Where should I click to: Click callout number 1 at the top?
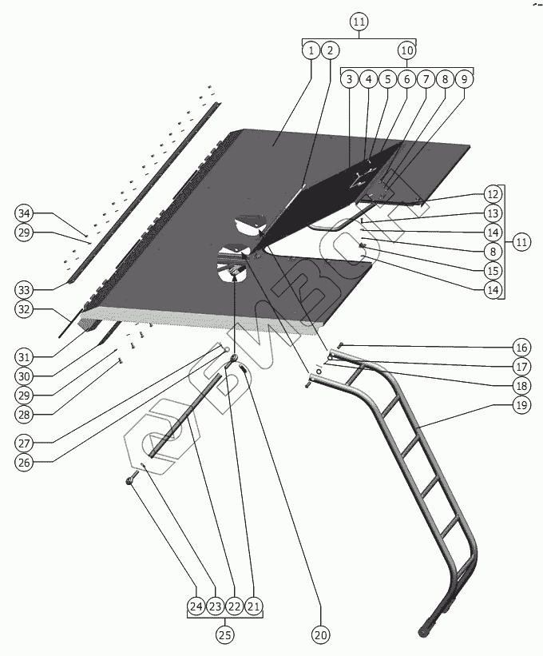coord(310,50)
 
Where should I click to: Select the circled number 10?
coord(406,50)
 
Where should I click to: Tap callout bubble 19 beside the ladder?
coord(521,406)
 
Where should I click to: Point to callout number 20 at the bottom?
coord(320,635)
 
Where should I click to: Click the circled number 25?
coord(224,635)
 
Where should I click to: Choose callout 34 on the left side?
coord(25,213)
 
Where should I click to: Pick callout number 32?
coord(25,308)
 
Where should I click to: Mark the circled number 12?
coord(493,194)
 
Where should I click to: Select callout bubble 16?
coord(521,347)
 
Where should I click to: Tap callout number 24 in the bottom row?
coord(196,607)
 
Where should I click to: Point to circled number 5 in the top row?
coord(387,79)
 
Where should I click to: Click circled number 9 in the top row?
coord(465,79)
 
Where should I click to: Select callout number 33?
coord(25,288)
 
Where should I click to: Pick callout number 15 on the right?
coord(493,271)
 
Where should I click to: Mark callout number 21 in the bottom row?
coord(253,607)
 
